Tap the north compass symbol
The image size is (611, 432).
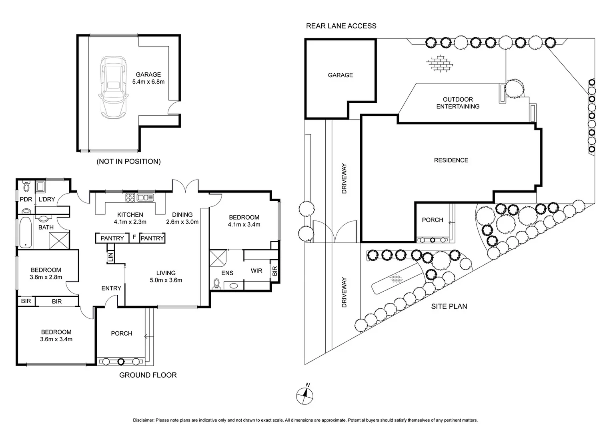pyautogui.click(x=305, y=395)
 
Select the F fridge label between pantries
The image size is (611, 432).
pyautogui.click(x=134, y=237)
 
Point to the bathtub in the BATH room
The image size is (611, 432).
pyautogui.click(x=25, y=232)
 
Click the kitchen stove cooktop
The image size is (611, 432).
pyautogui.click(x=131, y=197)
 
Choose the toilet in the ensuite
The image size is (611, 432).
pyautogui.click(x=217, y=283)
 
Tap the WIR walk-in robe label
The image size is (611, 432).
pyautogui.click(x=256, y=271)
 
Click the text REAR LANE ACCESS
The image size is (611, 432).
pyautogui.click(x=341, y=26)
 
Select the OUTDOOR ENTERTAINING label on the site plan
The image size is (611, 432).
pyautogui.click(x=458, y=103)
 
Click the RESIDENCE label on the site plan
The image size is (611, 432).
pyautogui.click(x=451, y=160)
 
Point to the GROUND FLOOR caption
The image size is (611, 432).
pyautogui.click(x=148, y=375)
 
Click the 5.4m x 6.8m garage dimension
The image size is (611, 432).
pyautogui.click(x=148, y=82)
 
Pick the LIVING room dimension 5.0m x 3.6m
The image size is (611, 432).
pyautogui.click(x=166, y=280)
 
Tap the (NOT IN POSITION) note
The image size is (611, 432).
pyautogui.click(x=128, y=162)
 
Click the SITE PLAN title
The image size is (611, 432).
pyautogui.click(x=449, y=306)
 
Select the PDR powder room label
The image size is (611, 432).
pyautogui.click(x=26, y=199)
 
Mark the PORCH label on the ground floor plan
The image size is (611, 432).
pyautogui.click(x=122, y=333)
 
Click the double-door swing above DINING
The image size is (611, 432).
pyautogui.click(x=185, y=186)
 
